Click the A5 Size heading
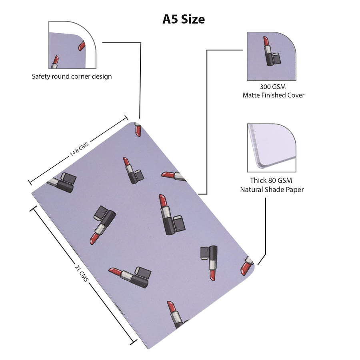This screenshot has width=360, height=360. (x=184, y=19)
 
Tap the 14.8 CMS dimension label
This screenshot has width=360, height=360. (x=79, y=149)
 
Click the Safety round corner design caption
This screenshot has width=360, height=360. (x=72, y=76)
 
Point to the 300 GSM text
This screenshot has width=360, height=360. (x=273, y=87)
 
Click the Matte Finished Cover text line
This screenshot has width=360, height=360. (x=274, y=95)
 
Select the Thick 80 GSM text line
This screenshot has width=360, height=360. (x=271, y=180)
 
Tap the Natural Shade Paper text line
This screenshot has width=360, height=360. (x=272, y=190)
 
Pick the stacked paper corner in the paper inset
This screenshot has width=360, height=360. (x=271, y=147)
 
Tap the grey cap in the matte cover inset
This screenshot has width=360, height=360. (x=277, y=58)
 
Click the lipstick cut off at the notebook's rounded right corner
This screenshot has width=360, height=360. (x=247, y=266)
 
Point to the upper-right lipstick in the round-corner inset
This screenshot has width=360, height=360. (x=82, y=46)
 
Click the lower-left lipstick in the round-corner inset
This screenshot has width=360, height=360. (x=54, y=62)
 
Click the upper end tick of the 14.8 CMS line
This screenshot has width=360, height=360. (x=126, y=118)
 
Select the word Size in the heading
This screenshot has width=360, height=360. (x=193, y=19)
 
